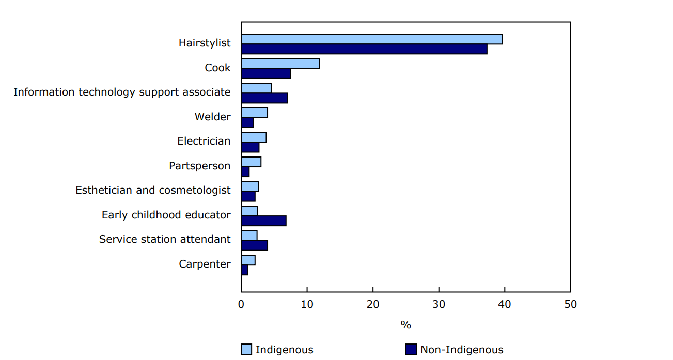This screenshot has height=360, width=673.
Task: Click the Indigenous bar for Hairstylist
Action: pos(371,39)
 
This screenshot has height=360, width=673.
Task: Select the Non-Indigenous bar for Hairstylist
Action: pos(364,49)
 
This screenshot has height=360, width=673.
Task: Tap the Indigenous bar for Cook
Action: pos(280,64)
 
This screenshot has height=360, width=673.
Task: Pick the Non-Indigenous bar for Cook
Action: pos(266,73)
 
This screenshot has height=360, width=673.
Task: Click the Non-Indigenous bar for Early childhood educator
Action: pos(263,221)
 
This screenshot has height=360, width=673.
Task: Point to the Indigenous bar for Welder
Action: pos(254,113)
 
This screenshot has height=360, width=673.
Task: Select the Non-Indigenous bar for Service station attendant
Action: pos(254,245)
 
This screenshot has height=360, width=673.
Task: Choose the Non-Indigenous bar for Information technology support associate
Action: pos(264,98)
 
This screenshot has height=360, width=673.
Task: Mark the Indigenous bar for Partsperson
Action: pos(251,162)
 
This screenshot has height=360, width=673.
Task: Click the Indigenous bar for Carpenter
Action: pos(248,260)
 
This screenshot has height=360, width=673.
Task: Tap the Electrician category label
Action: pos(204,141)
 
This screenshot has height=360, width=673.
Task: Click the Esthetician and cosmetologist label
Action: pos(153,190)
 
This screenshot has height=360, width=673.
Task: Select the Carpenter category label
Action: pos(205,264)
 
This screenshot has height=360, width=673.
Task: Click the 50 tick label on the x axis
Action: pos(570,304)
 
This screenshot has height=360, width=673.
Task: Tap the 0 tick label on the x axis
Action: pos(241,304)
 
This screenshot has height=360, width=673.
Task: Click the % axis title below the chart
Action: pos(405,325)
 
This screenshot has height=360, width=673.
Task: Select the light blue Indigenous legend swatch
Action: pos(246,350)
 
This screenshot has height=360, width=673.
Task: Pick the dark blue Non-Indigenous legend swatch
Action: pos(411,350)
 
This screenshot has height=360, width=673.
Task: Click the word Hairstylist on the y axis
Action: pos(205,43)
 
